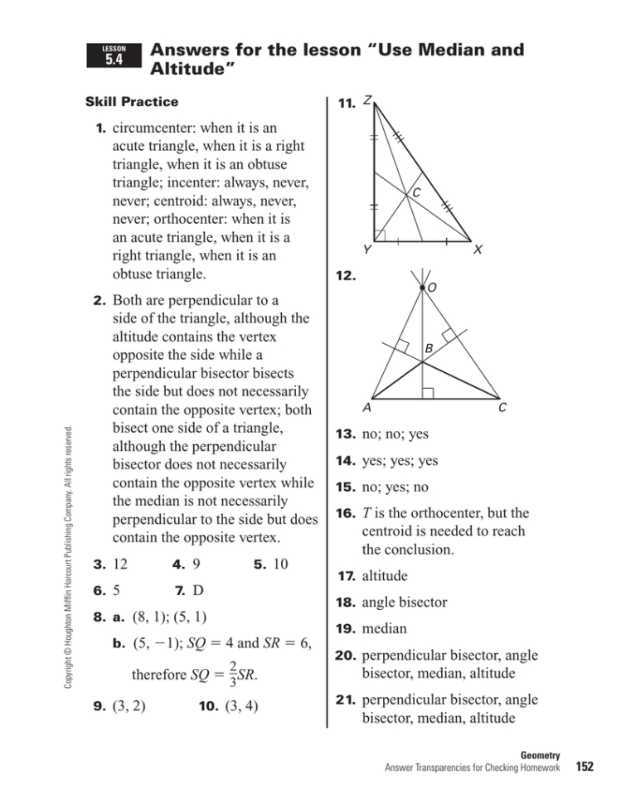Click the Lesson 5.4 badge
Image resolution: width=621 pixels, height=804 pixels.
114,56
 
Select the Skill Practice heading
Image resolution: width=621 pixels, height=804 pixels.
132,102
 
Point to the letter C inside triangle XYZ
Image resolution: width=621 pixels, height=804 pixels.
416,193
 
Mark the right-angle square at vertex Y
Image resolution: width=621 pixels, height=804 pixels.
380,235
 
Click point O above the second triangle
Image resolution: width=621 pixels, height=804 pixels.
431,288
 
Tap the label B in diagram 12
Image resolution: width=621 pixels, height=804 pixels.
429,351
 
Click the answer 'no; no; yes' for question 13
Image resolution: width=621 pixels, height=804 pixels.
394,434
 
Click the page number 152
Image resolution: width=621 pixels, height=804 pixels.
585,767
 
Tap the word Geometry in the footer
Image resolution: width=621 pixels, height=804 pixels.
541,755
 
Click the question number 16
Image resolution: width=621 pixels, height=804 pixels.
346,514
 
